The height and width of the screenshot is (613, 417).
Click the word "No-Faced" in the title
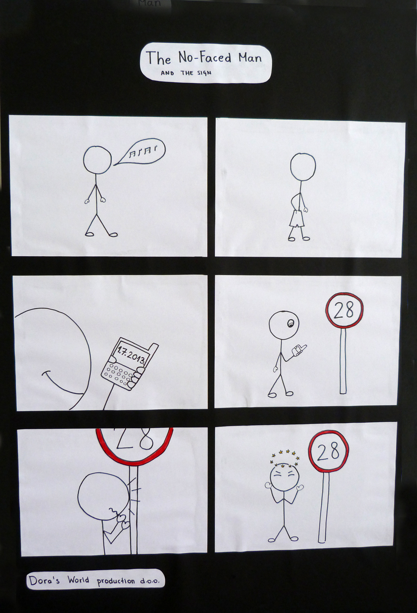point(205,58)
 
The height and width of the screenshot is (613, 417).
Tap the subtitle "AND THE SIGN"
point(186,73)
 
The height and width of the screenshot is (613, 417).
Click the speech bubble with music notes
point(140,151)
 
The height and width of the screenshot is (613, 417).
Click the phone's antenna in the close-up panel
point(154,350)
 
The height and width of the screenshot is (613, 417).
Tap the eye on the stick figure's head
point(289,324)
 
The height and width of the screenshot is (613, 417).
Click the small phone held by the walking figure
point(299,350)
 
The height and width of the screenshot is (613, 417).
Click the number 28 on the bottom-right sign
point(328,452)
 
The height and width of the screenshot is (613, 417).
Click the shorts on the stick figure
point(296,219)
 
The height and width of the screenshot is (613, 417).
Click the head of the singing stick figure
point(97,160)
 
